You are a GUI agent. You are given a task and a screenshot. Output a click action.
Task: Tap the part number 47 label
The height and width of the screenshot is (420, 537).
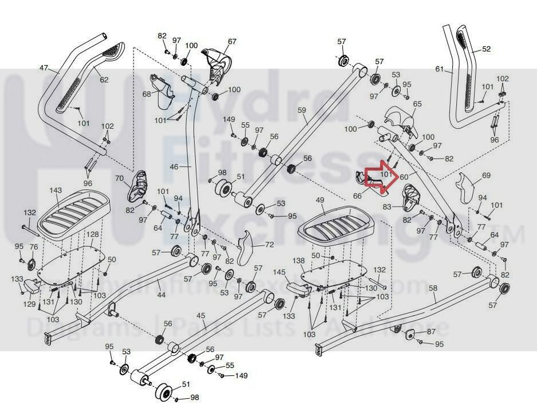[44, 68]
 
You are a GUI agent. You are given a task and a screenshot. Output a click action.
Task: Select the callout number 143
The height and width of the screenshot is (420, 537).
[56, 190]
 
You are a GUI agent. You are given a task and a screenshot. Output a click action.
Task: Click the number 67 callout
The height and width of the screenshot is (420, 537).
[232, 41]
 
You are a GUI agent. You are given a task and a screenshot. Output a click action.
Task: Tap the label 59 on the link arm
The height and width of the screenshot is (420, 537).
[303, 109]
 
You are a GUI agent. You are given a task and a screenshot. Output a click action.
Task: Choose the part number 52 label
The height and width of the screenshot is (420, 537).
[487, 49]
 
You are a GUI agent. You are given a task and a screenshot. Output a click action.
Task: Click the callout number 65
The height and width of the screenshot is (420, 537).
[417, 104]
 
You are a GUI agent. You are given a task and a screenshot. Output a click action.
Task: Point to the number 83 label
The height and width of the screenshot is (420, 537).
[387, 206]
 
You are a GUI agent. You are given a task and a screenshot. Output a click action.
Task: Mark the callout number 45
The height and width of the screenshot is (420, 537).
[201, 316]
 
